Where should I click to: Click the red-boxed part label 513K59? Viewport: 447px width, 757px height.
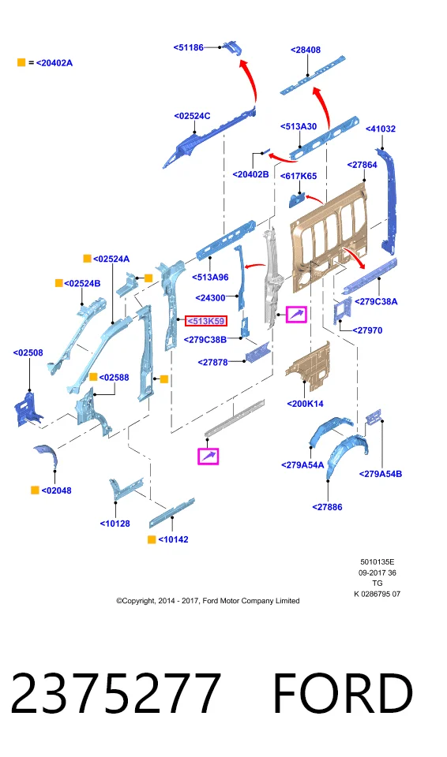coord(206,321)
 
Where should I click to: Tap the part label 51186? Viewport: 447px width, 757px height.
coord(189,47)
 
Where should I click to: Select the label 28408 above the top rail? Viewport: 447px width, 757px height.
coord(306,50)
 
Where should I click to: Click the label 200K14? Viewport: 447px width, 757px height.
coord(305,404)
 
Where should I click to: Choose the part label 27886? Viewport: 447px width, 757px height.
coord(327,507)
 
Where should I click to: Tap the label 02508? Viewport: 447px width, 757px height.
coord(28,353)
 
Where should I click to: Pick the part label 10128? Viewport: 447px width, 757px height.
coord(115,524)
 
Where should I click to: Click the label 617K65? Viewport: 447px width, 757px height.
coord(299,176)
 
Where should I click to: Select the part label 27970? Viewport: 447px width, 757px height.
coord(367,330)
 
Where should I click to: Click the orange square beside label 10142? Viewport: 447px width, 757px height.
coord(152,539)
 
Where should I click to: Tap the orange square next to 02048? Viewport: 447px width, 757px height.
coord(35,490)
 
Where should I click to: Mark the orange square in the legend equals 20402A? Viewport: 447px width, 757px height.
coord(21,62)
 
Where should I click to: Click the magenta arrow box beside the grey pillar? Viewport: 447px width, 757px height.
coord(296,315)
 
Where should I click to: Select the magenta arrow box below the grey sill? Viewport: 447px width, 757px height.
coord(208,457)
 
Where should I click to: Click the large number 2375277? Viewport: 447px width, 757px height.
coord(116,693)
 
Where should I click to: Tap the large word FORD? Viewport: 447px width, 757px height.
coord(343,693)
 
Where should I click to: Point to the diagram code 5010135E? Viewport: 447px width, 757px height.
coord(378,562)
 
